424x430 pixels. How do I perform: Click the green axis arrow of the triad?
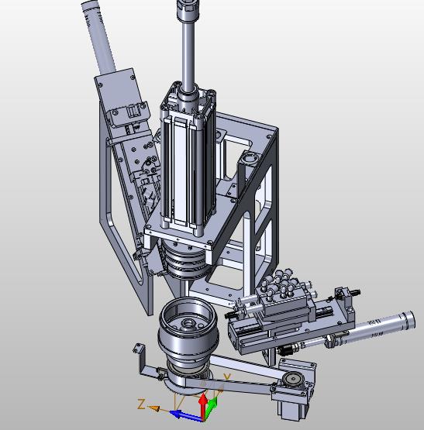coord(212,406)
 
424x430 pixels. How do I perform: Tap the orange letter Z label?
coord(142,404)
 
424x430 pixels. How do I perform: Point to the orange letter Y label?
coord(226,378)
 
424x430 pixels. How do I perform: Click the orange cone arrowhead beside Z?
coord(154,408)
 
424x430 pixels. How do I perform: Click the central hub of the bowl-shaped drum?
coord(188,324)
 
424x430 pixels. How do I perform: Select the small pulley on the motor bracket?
coord(292,380)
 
